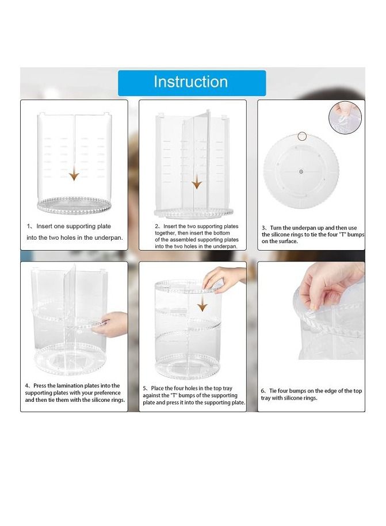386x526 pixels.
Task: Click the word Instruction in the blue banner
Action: pyautogui.click(x=190, y=82)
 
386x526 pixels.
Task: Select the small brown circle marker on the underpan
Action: pyautogui.click(x=302, y=136)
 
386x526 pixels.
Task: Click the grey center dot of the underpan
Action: pyautogui.click(x=301, y=171)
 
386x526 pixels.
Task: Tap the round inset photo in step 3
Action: pyautogui.click(x=345, y=118)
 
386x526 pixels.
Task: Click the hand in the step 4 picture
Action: pyautogui.click(x=109, y=324)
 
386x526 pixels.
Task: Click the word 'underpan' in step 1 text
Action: pyautogui.click(x=108, y=237)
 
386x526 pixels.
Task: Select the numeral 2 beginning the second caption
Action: pyautogui.click(x=156, y=226)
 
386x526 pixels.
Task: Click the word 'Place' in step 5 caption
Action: pyautogui.click(x=158, y=388)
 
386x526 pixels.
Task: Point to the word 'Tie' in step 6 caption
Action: pyautogui.click(x=273, y=391)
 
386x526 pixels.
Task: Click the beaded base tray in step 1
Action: pyautogui.click(x=74, y=205)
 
